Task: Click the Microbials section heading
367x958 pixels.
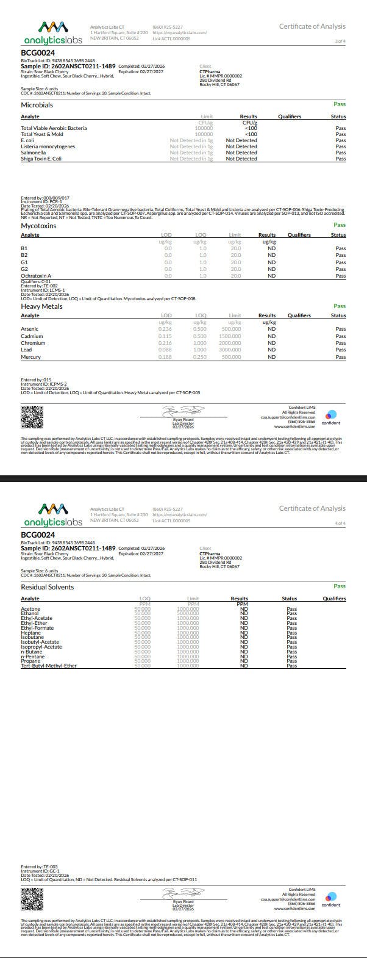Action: pos(37,105)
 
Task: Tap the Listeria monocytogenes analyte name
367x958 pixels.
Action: pos(48,146)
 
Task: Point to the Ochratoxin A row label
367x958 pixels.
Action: pos(36,276)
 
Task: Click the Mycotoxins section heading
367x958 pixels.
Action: pos(38,226)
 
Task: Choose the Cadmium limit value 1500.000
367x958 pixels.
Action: pos(230,336)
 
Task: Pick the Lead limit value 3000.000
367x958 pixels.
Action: pos(230,350)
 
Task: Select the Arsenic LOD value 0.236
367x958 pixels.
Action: pos(165,329)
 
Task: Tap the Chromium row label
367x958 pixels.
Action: pos(33,343)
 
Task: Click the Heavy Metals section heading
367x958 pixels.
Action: pos(41,306)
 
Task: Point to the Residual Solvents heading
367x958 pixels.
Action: pos(47,587)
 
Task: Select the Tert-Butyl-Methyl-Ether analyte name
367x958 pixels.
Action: pos(49,666)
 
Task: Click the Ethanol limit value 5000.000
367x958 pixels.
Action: pos(188,613)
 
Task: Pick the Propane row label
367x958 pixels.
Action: pos(32,661)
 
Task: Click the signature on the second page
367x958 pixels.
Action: pos(183,893)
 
